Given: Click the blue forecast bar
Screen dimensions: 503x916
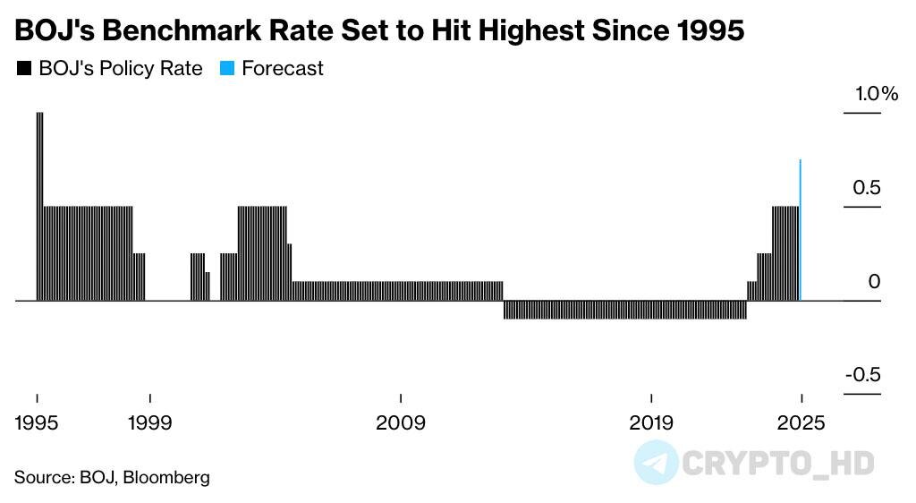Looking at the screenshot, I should (800, 230).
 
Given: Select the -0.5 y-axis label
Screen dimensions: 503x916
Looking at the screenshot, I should (863, 375).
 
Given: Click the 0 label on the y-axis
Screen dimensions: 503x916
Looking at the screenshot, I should (874, 282).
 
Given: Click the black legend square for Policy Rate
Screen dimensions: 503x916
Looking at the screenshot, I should (23, 69).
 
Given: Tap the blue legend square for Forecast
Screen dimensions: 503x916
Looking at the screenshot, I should (227, 69).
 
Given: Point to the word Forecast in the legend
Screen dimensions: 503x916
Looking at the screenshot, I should (283, 69).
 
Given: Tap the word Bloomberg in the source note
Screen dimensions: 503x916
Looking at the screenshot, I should (167, 477).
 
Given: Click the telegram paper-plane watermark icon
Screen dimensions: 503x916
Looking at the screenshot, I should (656, 463).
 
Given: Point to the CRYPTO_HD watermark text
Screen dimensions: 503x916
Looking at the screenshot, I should (777, 463).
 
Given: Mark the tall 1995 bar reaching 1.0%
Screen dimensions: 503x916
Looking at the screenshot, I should (39, 206).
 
